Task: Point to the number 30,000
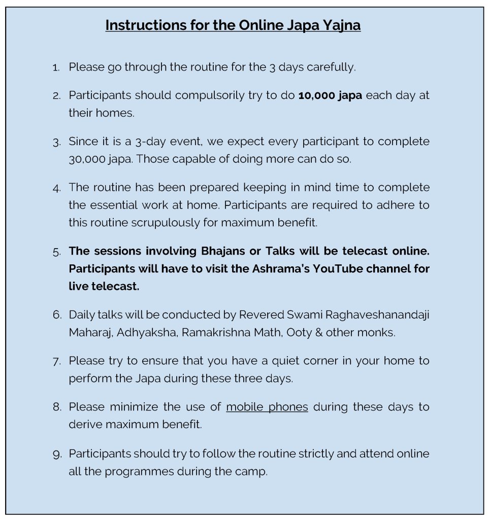[x=86, y=159]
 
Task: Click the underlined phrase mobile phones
[x=267, y=407]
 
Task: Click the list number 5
[x=56, y=251]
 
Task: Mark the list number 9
[x=56, y=454]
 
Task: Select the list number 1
[x=56, y=67]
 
